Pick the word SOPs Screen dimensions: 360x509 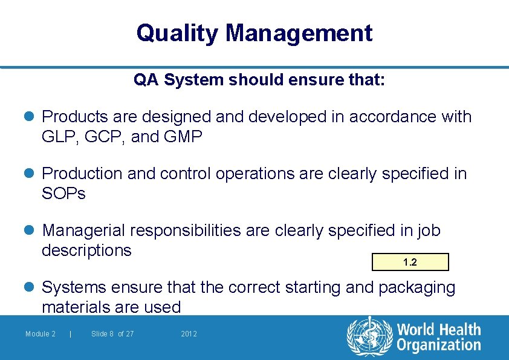(63, 194)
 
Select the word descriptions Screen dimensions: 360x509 (86, 250)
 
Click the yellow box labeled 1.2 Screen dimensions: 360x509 (410, 262)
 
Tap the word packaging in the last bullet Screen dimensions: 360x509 (417, 287)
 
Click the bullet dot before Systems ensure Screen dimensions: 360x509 (31, 287)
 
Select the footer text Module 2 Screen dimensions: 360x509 (41, 334)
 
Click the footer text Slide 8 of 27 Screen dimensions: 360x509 (112, 334)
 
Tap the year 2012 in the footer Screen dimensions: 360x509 (189, 334)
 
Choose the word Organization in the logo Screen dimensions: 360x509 (438, 345)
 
